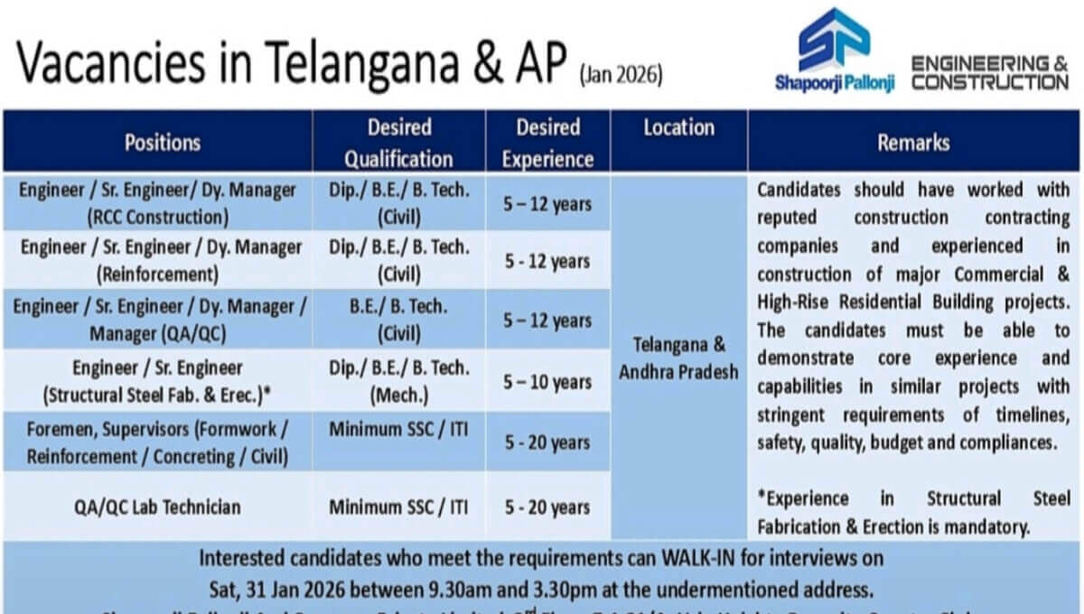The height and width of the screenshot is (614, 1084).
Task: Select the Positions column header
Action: coord(163,142)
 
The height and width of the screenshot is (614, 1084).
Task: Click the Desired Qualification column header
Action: coord(398,143)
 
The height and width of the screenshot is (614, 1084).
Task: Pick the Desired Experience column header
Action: coord(547,143)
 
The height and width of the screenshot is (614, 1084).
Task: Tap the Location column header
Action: coord(678,128)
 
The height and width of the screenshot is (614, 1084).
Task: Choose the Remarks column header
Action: coord(913,142)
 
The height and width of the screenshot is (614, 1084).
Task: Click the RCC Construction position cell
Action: coord(158,203)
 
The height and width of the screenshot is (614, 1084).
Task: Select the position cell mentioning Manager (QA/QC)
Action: coord(159,320)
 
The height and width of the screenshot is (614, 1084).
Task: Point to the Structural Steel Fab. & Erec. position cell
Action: coord(158,381)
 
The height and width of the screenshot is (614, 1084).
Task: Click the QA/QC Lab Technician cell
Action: coord(157,507)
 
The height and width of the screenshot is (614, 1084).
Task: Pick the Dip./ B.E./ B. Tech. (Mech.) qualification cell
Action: coord(399,381)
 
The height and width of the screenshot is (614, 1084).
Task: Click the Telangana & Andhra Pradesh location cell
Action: coord(678,358)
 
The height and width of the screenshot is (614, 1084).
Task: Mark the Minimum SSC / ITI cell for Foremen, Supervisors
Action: coord(398,429)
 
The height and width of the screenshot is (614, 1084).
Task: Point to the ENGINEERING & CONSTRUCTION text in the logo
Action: coord(989,73)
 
